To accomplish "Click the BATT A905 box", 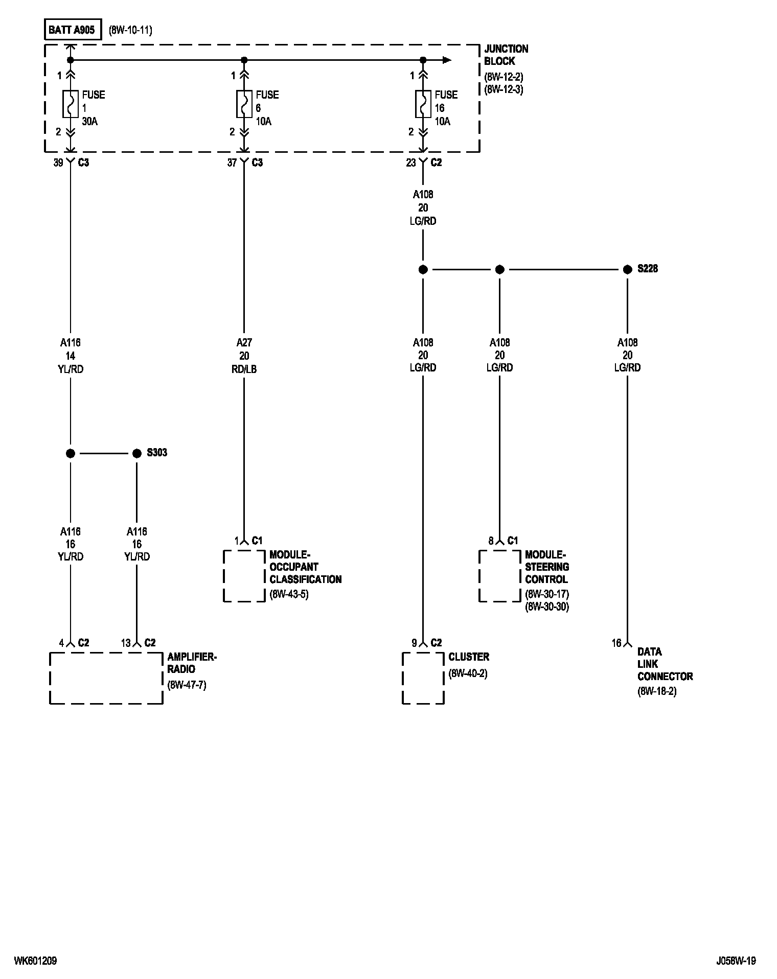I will point(72,30).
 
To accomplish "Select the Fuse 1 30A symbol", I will point(71,104).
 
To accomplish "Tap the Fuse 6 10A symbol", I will point(244,104).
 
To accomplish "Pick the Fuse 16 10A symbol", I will point(423,104).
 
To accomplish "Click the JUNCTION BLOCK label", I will point(506,55).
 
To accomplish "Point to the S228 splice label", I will point(648,269).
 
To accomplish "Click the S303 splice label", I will point(157,453).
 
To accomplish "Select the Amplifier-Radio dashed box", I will point(106,678).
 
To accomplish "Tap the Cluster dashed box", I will point(423,678).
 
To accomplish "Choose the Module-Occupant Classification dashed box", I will point(244,576).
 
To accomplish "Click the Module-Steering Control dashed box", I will point(500,576).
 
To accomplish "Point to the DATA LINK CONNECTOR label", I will point(665,664).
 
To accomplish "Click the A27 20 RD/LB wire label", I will point(244,356).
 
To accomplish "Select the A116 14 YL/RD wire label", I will point(71,356).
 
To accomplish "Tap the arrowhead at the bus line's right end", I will point(447,60).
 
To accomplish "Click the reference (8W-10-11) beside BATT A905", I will point(130,30).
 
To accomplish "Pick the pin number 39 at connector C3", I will point(58,162).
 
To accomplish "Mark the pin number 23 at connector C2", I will point(411,162).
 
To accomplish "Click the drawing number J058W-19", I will point(736,961).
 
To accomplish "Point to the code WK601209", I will point(35,961).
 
